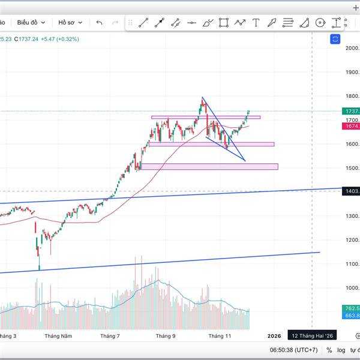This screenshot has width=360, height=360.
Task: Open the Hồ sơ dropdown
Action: click(x=69, y=22)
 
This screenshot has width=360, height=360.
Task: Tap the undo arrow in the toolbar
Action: click(x=99, y=23)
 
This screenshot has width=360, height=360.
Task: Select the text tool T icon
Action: click(x=256, y=23)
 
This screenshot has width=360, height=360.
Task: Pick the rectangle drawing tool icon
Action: click(x=224, y=23)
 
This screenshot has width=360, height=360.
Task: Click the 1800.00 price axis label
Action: click(x=352, y=96)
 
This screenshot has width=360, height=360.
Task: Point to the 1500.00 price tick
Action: click(x=352, y=168)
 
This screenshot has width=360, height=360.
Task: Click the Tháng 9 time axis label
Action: click(x=165, y=337)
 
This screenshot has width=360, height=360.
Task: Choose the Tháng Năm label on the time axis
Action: click(x=58, y=337)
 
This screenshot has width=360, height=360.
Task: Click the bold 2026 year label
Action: click(x=274, y=337)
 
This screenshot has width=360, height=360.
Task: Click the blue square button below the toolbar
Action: click(x=335, y=39)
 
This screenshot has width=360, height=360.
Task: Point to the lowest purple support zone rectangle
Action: click(x=209, y=166)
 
